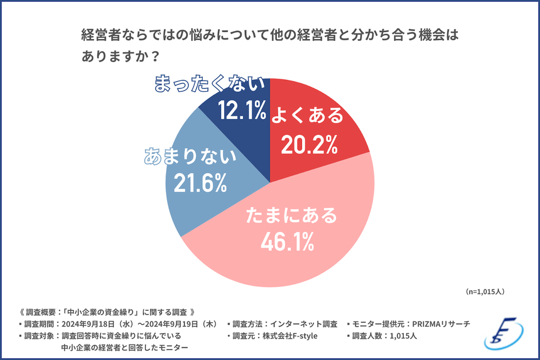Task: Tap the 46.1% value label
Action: (287, 242)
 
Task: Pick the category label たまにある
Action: (290, 216)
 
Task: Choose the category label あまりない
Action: (190, 156)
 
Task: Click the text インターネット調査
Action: (304, 324)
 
